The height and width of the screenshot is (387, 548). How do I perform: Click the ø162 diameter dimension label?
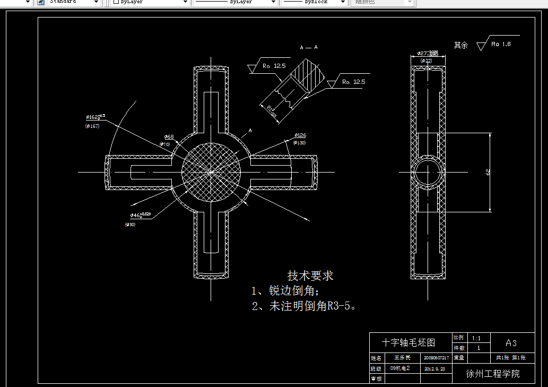coord(95,117)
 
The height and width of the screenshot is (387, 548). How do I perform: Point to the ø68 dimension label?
coord(169,137)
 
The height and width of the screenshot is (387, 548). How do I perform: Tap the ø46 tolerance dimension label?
coord(140,215)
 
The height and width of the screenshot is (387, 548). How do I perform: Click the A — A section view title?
coord(309,47)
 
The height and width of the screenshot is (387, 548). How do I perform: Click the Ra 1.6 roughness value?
coord(501,44)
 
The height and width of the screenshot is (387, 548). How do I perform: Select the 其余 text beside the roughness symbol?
coord(461,46)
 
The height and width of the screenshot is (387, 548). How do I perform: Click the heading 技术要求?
coord(310,276)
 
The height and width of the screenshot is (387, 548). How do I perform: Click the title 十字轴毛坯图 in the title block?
coord(409,342)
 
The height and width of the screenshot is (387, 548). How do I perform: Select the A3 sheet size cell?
coord(511,343)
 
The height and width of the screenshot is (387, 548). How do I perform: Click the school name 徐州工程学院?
coord(493,373)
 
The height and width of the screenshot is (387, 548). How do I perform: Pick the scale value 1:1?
coord(476,338)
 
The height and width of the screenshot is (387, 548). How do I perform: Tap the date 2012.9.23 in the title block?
coord(434,368)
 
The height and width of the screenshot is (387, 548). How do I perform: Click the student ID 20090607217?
coord(437,358)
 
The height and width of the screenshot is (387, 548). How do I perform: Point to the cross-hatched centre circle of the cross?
coord(211,171)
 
